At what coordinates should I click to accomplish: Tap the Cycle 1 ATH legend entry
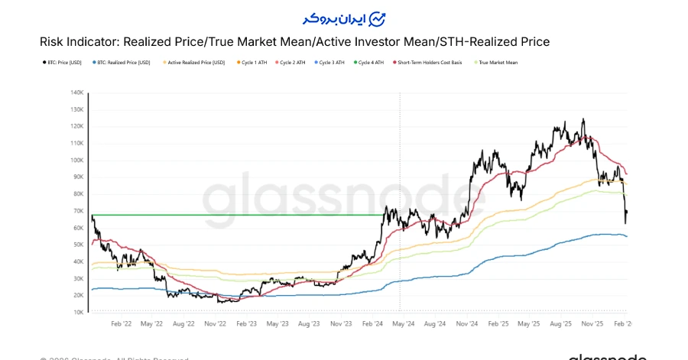[255, 62]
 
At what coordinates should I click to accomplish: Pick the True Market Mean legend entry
[498, 62]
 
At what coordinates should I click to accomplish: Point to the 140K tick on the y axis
[76, 92]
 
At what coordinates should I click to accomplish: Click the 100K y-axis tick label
[76, 161]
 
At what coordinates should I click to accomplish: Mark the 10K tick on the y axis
[78, 313]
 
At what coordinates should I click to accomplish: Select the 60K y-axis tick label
[78, 228]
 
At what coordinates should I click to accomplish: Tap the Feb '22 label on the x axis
[121, 324]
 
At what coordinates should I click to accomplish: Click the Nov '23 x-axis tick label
[340, 324]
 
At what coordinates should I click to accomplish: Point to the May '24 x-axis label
[403, 324]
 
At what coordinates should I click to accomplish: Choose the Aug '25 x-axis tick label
[561, 324]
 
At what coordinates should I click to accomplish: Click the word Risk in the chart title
[52, 42]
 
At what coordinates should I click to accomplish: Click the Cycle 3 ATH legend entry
[333, 62]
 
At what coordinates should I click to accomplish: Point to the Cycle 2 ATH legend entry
[294, 62]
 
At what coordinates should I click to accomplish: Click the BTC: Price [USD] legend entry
[63, 62]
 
